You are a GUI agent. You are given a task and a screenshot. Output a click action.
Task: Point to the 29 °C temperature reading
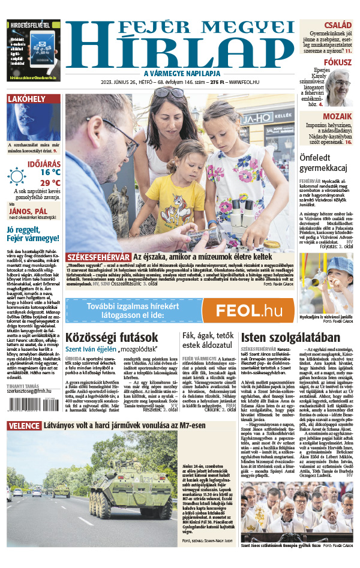(50, 182)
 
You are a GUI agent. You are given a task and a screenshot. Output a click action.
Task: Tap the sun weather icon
(17, 176)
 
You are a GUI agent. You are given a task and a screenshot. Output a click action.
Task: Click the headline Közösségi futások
(112, 337)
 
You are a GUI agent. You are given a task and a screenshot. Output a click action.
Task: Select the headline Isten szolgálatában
(283, 338)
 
